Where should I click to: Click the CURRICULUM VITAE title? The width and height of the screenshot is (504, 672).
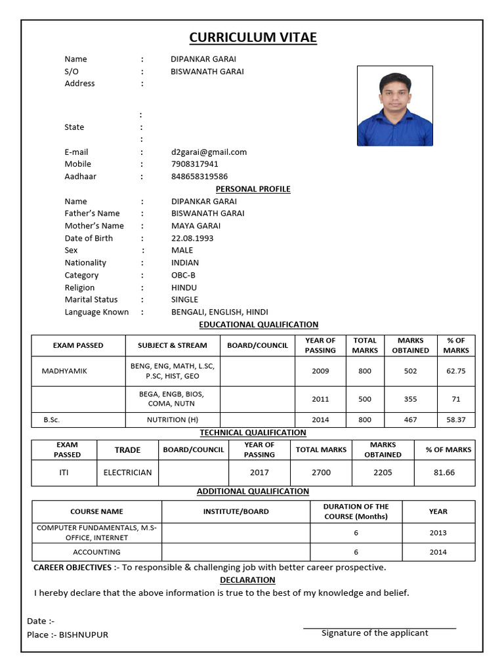(x=253, y=38)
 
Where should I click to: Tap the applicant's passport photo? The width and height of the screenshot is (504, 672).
(x=394, y=106)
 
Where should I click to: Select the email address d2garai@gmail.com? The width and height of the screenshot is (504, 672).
(x=209, y=152)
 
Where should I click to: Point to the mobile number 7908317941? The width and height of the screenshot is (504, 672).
(x=195, y=164)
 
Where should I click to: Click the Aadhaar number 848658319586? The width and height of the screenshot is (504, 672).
(x=199, y=177)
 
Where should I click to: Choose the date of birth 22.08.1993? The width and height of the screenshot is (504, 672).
(x=192, y=238)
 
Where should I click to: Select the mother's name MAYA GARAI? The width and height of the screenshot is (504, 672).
(x=196, y=226)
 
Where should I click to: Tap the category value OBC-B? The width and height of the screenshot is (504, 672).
(x=183, y=275)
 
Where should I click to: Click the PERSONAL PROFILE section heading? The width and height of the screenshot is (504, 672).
(x=253, y=189)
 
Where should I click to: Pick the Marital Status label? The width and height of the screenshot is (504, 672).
(x=91, y=299)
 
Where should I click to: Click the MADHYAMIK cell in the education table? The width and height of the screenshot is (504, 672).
(x=64, y=371)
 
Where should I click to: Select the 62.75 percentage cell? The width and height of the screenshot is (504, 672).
(x=455, y=371)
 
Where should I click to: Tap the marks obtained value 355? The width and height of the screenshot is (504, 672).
(x=410, y=399)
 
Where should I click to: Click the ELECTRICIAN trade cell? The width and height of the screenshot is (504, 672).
(x=127, y=472)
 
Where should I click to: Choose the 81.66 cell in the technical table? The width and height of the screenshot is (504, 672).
(x=444, y=472)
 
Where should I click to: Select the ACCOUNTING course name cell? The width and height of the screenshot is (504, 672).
(x=96, y=552)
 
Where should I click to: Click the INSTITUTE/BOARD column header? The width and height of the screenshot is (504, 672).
(x=236, y=511)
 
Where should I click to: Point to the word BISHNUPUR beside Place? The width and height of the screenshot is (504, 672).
(x=83, y=635)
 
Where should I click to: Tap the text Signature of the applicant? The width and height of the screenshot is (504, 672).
(x=375, y=633)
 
